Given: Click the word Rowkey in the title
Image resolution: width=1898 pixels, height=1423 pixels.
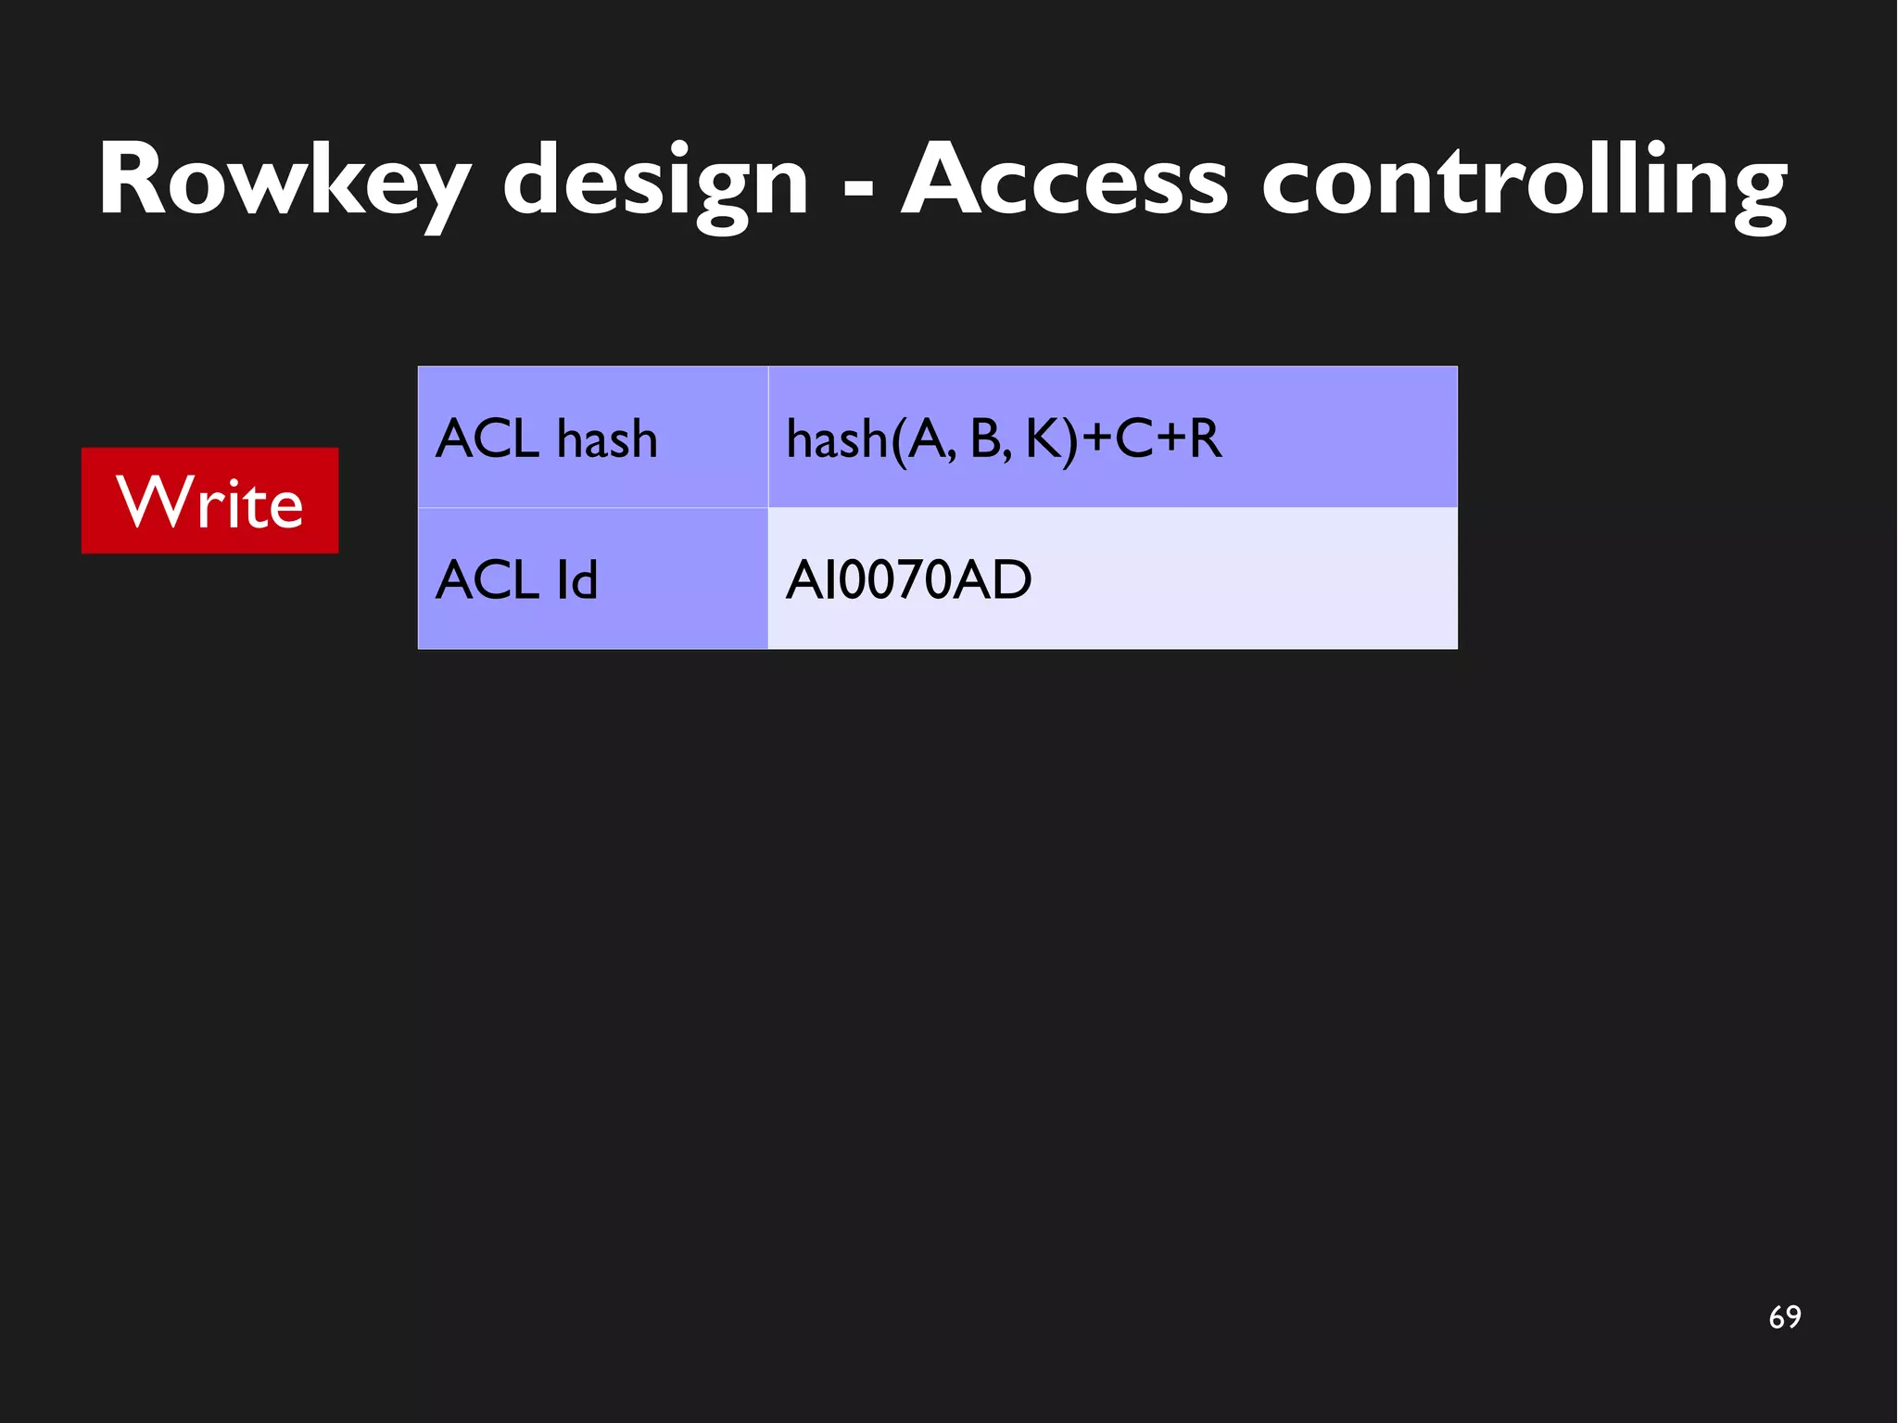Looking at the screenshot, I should point(284,180).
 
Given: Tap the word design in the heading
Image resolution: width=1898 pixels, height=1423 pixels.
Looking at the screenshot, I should point(656,180).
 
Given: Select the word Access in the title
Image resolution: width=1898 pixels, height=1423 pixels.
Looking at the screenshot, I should point(1064,180).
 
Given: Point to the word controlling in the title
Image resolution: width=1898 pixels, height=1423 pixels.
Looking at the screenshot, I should point(1524,180).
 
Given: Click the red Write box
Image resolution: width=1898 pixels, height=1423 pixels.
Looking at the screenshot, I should point(209,501).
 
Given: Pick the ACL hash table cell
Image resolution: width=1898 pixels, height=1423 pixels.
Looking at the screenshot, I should point(592,437).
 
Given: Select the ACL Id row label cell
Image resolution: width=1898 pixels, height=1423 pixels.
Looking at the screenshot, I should point(592,578).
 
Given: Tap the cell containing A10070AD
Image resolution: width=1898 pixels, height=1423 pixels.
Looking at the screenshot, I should point(1112,578).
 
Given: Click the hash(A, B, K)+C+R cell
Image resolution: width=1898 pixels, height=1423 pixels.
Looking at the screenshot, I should point(1112,437).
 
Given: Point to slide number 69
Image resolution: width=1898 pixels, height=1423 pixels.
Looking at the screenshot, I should point(1784,1316).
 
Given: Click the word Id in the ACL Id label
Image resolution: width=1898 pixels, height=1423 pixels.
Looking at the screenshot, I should point(576,579).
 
